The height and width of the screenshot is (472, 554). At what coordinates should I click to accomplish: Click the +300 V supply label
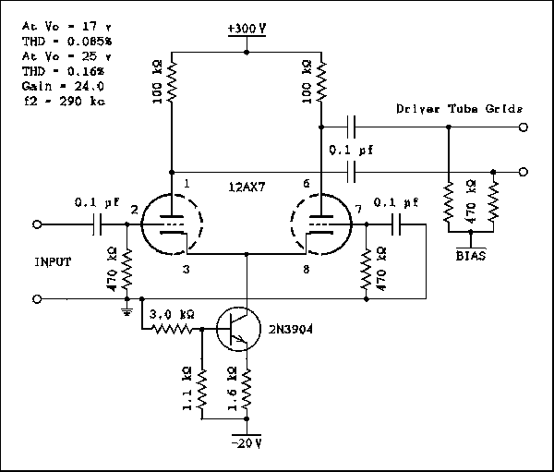pos(247,29)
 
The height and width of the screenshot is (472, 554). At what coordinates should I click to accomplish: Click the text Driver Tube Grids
pos(460,109)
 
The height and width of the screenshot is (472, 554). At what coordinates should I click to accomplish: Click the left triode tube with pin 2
pos(172,224)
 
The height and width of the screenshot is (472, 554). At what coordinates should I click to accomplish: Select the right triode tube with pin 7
pos(319,224)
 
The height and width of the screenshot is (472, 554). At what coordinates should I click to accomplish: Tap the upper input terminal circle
pos(38,224)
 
